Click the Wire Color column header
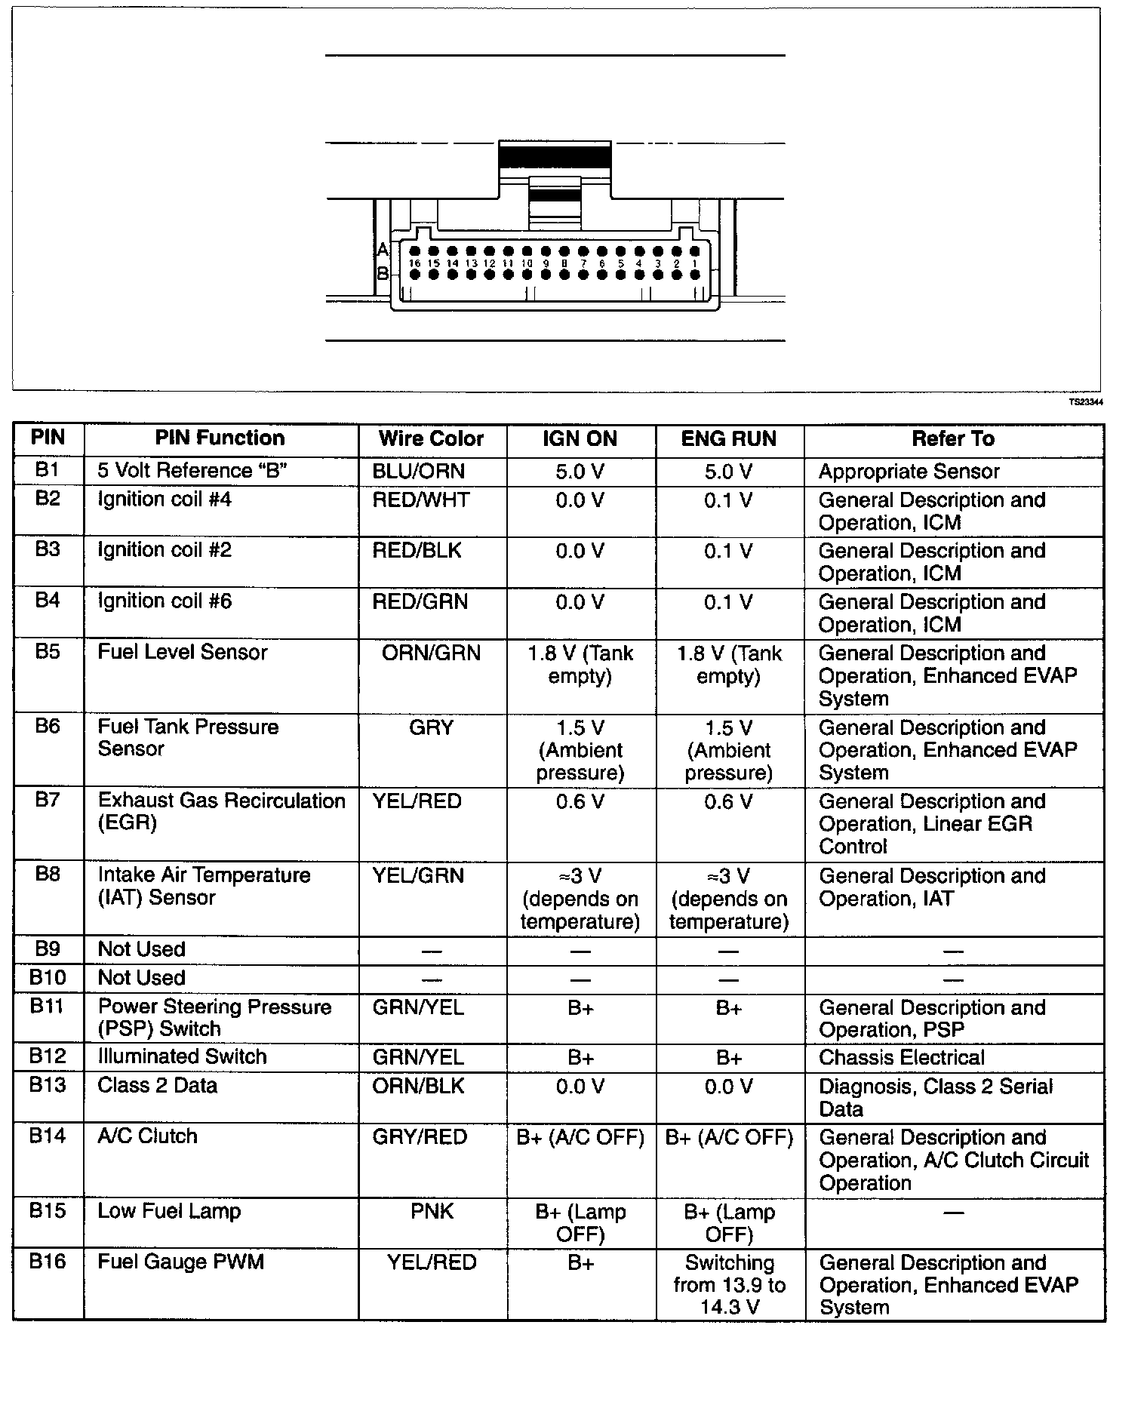pos(431,439)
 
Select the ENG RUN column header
pos(728,439)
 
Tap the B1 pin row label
pos(47,470)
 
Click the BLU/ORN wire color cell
pos(419,472)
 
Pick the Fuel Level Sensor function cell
pos(183,653)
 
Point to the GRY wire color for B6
pos(431,727)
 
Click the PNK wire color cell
pos(432,1212)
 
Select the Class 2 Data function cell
pos(158,1086)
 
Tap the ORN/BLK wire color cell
pos(419,1086)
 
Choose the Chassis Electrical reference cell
pos(902,1058)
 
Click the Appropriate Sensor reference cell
pos(909,472)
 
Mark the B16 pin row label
pos(47,1262)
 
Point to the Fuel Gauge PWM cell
pos(181,1262)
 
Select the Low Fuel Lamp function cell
pos(169,1212)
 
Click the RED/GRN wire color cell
pos(420,601)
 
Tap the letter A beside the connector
pos(383,250)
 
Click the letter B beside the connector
pos(383,273)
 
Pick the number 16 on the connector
pos(414,263)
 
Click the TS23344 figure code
pos(1086,402)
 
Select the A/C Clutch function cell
pos(147,1136)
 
